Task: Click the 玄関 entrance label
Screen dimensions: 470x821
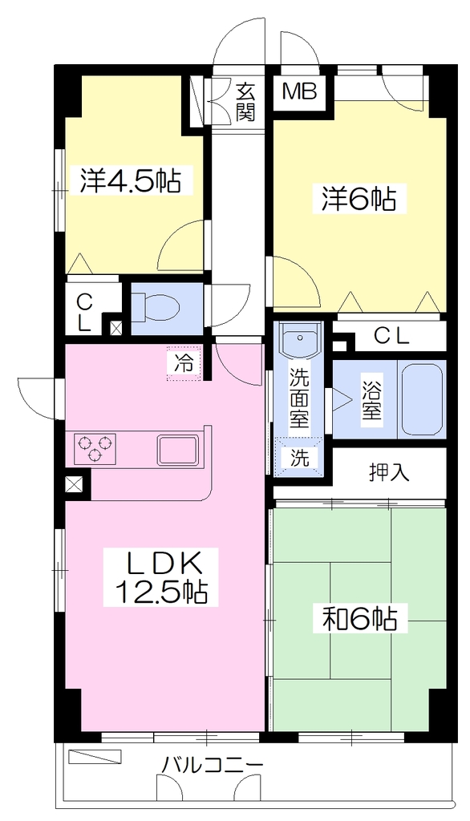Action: pos(245,102)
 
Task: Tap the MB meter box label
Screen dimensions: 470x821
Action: pos(300,92)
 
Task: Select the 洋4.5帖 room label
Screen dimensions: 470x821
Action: pos(129,181)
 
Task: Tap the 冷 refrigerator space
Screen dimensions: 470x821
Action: pos(184,363)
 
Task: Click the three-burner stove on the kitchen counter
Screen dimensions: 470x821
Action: pos(95,447)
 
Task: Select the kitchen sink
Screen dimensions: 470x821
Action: pos(178,450)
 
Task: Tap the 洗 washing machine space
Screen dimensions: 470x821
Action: pos(300,458)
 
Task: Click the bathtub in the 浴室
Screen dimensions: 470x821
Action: pos(421,399)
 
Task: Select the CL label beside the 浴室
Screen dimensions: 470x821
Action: pos(391,338)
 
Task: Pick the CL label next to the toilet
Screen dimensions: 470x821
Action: pos(83,313)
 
